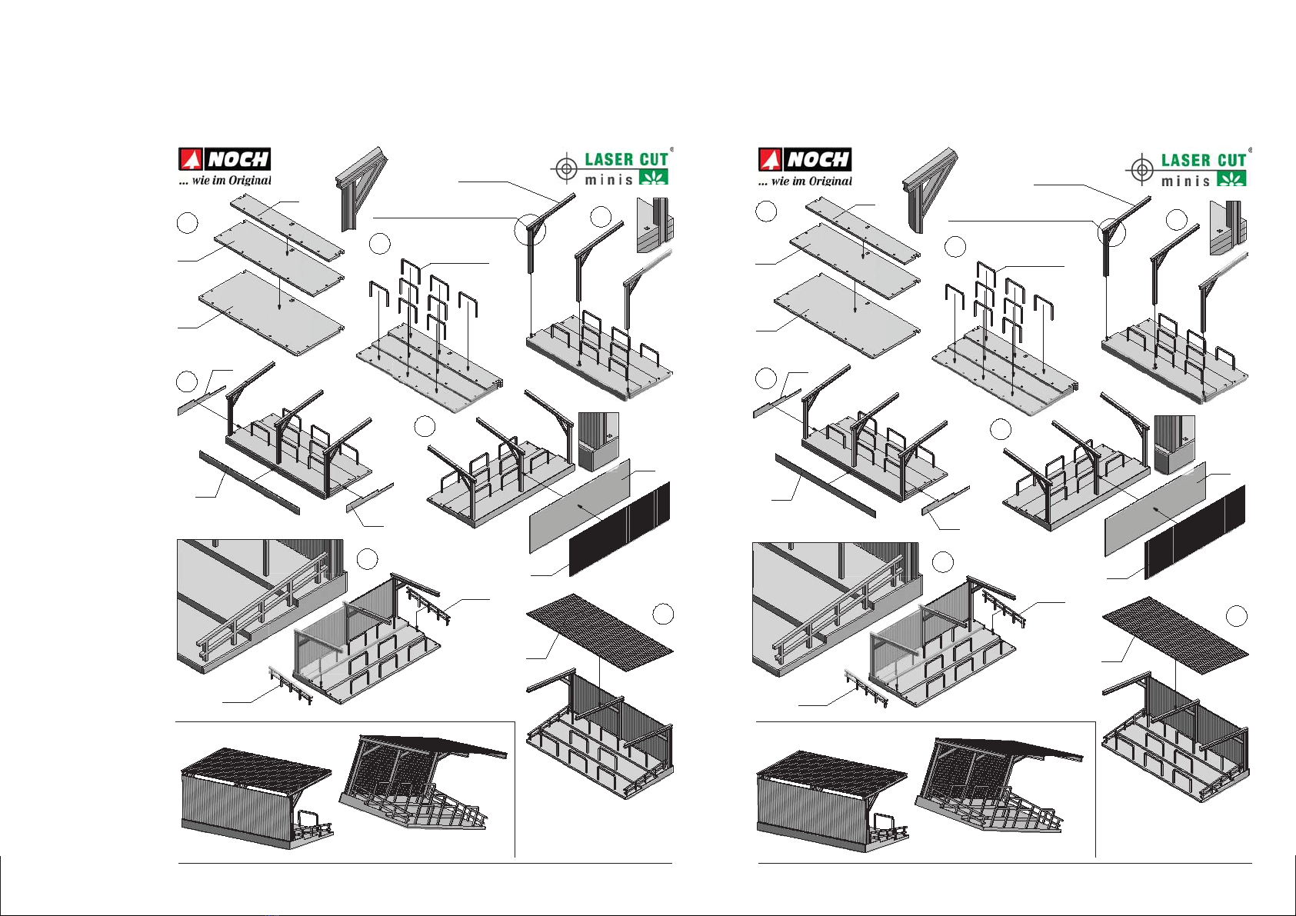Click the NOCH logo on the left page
225,159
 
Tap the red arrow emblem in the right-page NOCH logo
770,160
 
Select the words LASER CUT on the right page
1203,161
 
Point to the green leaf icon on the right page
1231,179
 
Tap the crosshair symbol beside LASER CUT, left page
565,168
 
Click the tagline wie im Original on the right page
805,182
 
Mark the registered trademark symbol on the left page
671,149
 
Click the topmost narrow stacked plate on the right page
862,229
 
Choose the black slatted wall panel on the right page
1194,531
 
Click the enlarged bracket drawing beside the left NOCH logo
360,188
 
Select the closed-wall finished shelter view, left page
256,798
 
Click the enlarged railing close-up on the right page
835,608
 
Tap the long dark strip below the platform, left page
249,482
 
